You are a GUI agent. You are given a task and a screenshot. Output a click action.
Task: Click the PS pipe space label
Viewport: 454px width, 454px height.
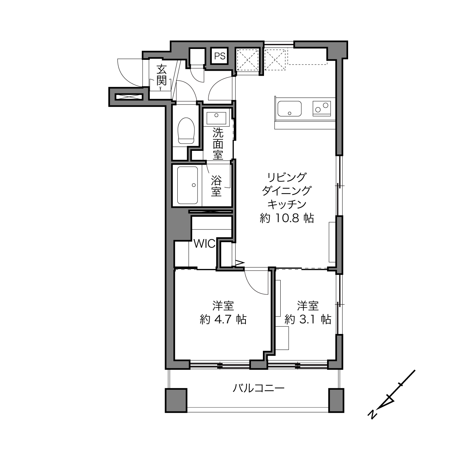[220, 56]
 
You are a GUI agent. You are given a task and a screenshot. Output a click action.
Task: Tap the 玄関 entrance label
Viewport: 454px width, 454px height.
[161, 75]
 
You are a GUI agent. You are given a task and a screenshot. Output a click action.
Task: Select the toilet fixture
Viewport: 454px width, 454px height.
[186, 131]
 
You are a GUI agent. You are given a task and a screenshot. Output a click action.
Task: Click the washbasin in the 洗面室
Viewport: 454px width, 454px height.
[216, 118]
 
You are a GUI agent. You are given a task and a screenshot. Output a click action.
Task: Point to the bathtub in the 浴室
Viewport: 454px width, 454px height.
[187, 185]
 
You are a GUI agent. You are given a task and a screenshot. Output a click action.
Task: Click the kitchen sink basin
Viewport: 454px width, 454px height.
[289, 109]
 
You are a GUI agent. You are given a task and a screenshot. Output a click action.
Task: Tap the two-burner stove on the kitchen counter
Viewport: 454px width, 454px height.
[322, 109]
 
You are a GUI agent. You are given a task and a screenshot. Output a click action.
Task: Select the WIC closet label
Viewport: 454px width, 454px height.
[204, 244]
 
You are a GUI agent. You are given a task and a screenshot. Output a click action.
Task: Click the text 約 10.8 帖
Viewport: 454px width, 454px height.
[287, 218]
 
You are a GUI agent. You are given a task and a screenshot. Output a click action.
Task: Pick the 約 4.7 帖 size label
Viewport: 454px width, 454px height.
[223, 319]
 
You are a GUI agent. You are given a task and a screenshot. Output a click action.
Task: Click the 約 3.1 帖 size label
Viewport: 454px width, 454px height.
[308, 319]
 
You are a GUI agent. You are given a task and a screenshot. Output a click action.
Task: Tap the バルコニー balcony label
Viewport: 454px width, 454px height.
[259, 388]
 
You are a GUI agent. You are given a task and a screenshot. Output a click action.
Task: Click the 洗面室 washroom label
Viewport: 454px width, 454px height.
[218, 144]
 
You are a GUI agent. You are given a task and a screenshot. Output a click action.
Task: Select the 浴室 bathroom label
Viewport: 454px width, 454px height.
[216, 186]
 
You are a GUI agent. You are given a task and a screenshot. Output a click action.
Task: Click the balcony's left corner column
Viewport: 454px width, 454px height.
[176, 400]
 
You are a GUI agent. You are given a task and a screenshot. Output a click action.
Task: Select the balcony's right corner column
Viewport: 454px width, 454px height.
[336, 400]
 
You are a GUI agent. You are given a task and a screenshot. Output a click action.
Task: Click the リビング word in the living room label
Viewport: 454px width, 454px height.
[287, 177]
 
